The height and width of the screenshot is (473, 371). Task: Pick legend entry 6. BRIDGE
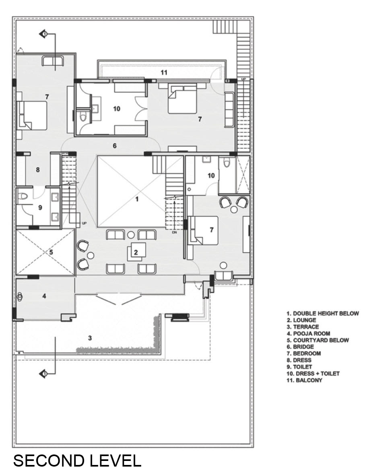300,347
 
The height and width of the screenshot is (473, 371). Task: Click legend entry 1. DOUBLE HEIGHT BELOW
323,313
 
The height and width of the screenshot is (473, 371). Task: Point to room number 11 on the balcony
164,72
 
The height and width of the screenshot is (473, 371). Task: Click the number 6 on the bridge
115,146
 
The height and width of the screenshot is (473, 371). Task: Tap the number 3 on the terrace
90,338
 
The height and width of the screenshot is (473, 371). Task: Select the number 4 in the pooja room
44,296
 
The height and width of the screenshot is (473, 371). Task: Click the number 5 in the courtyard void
51,252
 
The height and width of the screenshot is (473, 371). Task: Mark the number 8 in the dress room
38,170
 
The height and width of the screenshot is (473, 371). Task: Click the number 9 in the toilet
40,208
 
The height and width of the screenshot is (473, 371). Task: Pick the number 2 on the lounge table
136,252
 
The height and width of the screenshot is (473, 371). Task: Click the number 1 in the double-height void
137,199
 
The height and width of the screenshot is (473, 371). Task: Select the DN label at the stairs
174,232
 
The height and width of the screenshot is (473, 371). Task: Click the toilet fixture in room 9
23,197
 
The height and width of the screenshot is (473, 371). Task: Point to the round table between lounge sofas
131,235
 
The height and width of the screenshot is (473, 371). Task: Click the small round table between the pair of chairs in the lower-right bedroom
234,209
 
